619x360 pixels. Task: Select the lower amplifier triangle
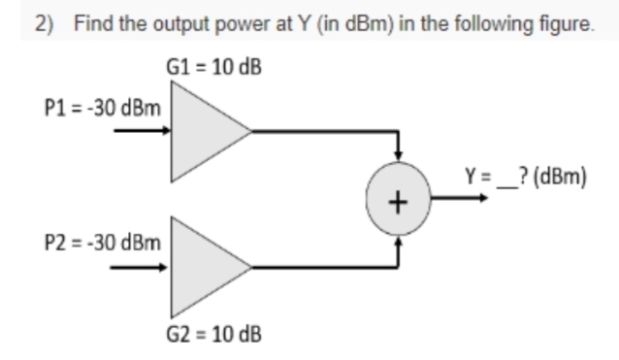pos(206,261)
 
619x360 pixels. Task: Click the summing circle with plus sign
pos(398,200)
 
